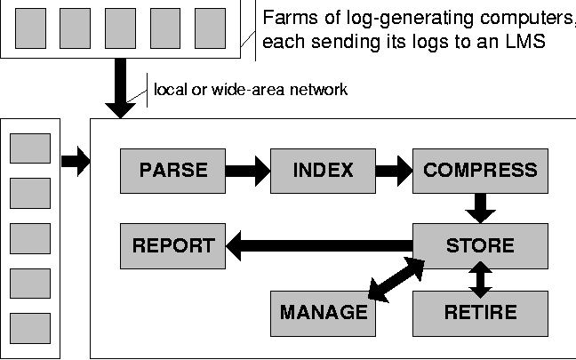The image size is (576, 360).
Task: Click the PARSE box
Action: pos(173,171)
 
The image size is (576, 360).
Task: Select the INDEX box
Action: pos(323,171)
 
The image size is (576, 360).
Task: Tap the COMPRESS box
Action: pos(480,171)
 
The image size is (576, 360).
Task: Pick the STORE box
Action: pos(480,246)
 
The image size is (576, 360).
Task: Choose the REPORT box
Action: pos(173,246)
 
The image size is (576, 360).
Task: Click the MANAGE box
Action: pos(323,312)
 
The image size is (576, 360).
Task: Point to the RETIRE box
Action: pos(480,312)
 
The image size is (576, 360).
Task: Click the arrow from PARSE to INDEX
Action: pos(249,171)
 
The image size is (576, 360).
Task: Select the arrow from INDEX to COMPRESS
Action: pos(394,171)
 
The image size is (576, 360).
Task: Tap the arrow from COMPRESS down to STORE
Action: pos(480,209)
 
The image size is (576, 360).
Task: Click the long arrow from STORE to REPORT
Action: pos(320,246)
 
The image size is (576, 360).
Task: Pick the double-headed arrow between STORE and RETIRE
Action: pos(480,279)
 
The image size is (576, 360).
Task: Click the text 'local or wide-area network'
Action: pos(252,89)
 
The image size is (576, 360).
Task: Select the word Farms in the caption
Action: pos(290,17)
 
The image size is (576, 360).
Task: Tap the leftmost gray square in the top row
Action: pos(31,28)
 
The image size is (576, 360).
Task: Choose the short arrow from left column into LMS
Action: pos(76,162)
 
